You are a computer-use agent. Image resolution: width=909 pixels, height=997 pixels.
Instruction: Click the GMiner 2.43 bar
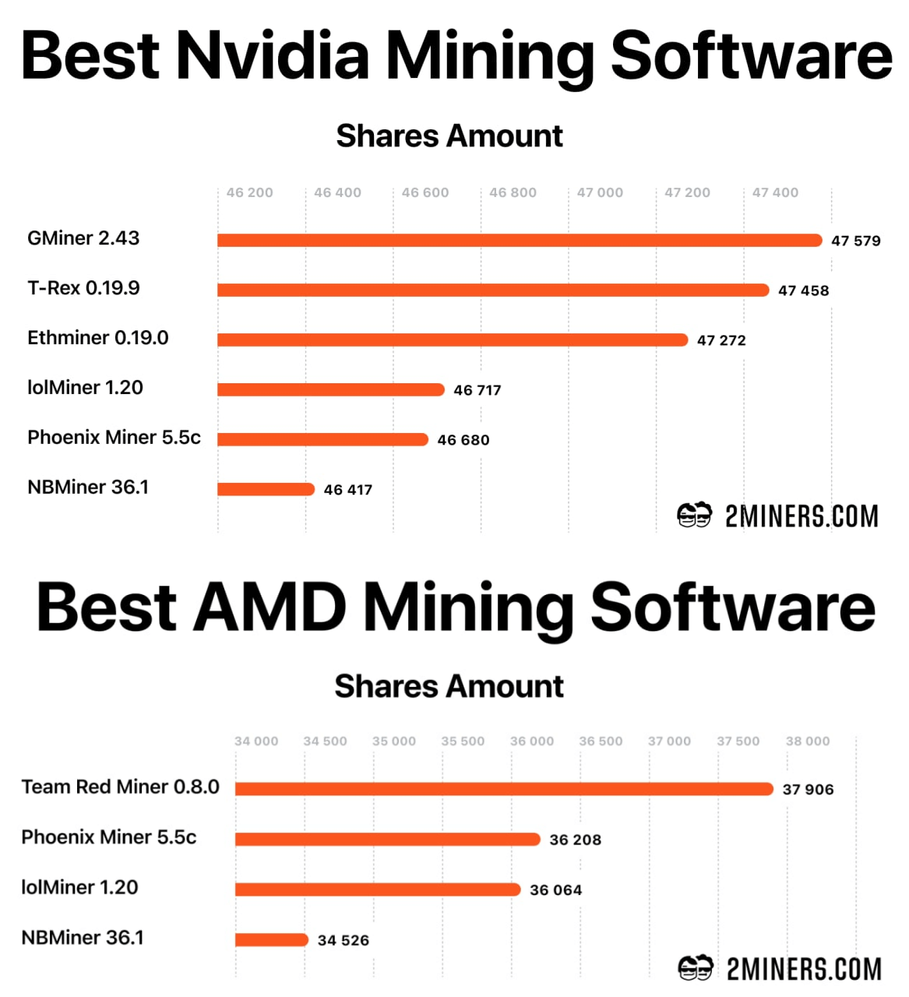pos(519,240)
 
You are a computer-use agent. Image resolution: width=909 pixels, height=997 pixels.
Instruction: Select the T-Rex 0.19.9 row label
pos(83,288)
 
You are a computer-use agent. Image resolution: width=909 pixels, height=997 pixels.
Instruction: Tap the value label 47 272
pos(721,340)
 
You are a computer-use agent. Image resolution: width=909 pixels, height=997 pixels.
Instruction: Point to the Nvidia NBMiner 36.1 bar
pos(266,489)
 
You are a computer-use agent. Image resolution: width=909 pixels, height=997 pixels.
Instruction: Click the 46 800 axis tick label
pos(513,192)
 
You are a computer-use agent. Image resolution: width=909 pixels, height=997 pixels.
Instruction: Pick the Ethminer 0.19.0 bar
pos(452,340)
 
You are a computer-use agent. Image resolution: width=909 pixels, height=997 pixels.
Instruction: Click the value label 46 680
pos(463,440)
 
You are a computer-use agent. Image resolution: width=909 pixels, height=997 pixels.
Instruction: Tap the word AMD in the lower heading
pos(270,608)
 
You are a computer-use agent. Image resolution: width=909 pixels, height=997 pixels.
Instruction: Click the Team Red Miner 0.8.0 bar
pos(503,789)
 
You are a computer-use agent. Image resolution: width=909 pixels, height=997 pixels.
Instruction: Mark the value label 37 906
pos(808,790)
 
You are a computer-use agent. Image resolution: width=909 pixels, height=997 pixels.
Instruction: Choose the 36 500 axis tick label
pos(601,742)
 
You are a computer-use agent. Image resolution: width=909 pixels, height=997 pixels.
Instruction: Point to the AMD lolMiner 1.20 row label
pos(79,887)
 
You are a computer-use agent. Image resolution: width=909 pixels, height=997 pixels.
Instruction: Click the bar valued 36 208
pos(387,839)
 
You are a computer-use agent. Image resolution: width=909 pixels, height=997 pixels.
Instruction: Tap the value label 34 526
pos(344,940)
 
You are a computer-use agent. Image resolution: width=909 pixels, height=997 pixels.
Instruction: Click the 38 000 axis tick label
pos(808,742)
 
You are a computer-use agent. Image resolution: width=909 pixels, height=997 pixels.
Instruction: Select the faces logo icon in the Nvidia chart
pos(694,516)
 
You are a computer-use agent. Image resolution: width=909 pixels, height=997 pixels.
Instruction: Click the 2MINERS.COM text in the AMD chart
pos(804,969)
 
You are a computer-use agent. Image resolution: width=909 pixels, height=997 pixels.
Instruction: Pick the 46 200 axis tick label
pos(249,192)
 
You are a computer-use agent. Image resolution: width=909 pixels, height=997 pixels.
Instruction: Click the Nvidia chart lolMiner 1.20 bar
pos(330,389)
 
